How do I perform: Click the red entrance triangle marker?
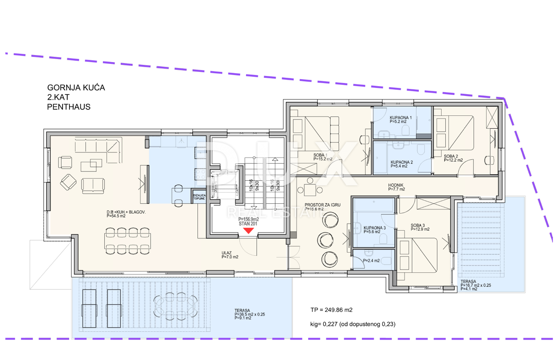point(249,230)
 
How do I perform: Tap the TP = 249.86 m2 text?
point(331,309)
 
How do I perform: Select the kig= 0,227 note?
point(352,324)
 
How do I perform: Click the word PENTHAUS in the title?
point(69,107)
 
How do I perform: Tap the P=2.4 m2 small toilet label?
point(371,261)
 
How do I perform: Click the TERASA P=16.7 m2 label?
point(474,285)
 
